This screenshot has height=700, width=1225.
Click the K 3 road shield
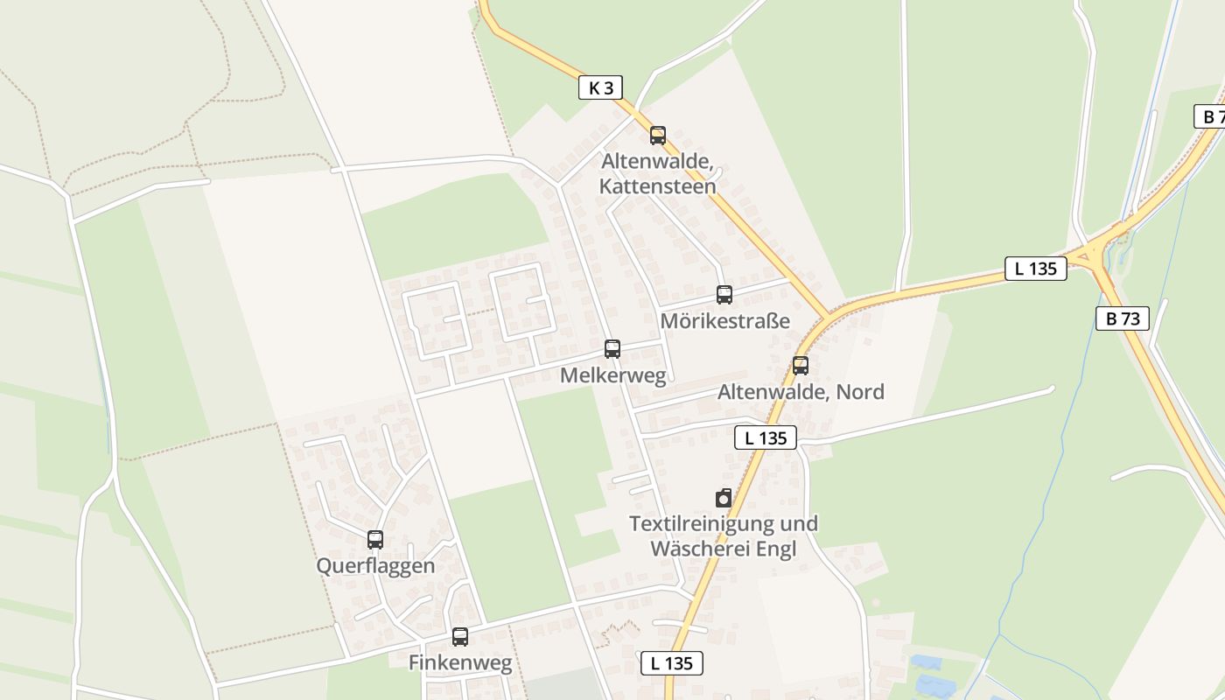point(601,87)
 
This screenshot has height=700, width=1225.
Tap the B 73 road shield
point(1123,318)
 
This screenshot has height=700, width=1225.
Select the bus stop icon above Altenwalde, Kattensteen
point(658,136)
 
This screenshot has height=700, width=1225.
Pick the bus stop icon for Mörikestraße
point(724,295)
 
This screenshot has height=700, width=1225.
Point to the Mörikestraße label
point(724,321)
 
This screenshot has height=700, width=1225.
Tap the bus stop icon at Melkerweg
point(612,349)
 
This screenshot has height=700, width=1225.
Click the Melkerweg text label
point(612,376)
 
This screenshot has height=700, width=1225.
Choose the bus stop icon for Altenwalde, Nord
point(801,366)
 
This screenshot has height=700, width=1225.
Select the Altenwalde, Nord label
point(801,392)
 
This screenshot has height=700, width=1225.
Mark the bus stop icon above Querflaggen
point(375,540)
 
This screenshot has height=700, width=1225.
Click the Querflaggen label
point(375,566)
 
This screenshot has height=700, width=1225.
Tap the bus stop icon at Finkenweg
point(460,637)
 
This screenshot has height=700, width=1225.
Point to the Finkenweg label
point(460,663)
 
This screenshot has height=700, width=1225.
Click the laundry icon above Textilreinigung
point(724,498)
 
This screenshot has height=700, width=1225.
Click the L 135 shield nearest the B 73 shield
point(1036,269)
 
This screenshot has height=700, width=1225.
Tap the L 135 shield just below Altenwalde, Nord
point(766,437)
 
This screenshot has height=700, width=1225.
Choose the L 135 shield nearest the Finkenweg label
point(672,663)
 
